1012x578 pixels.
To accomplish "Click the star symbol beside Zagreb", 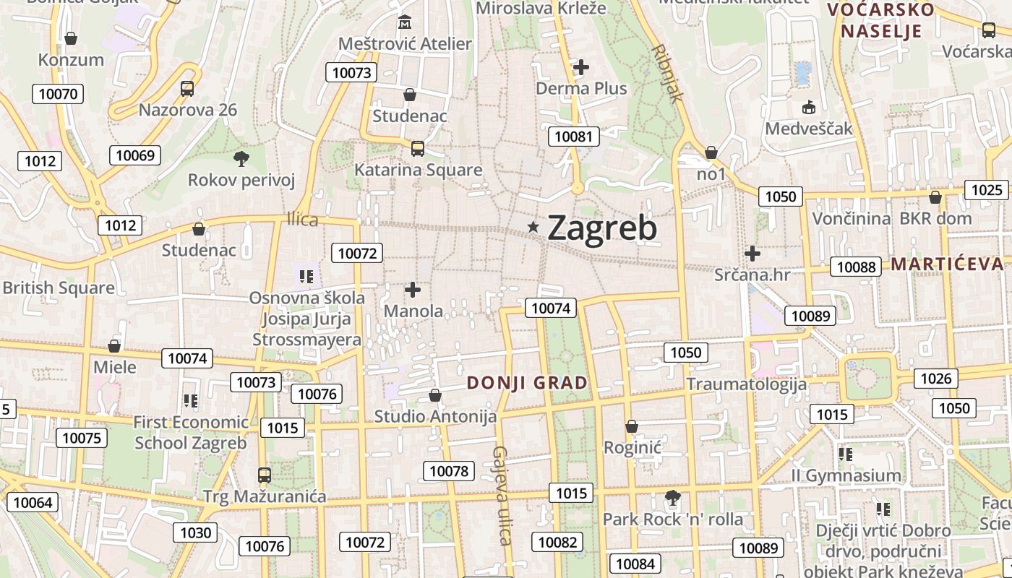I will pyautogui.click(x=533, y=227).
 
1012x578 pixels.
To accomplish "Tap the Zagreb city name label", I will pyautogui.click(x=602, y=228).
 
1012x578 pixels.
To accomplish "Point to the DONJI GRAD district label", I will pyautogui.click(x=528, y=383).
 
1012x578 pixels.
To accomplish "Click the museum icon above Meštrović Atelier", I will pyautogui.click(x=404, y=22).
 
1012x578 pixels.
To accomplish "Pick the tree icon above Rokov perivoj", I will pyautogui.click(x=241, y=158).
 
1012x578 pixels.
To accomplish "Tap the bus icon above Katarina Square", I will pyautogui.click(x=417, y=148).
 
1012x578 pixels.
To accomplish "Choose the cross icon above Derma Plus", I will pyautogui.click(x=581, y=67).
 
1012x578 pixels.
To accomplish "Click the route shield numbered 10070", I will pyautogui.click(x=58, y=93).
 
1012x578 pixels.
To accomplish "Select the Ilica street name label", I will pyautogui.click(x=302, y=220).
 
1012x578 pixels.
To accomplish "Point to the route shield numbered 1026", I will pyautogui.click(x=938, y=378).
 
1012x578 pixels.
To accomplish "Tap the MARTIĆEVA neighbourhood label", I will pyautogui.click(x=947, y=264).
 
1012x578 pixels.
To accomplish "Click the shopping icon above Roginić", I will pyautogui.click(x=632, y=426).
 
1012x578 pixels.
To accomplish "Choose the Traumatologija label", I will pyautogui.click(x=746, y=384).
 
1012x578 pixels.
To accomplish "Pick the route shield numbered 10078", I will pyautogui.click(x=449, y=471).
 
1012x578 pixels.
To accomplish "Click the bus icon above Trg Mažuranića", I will pyautogui.click(x=265, y=475).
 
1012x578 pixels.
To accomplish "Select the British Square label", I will pyautogui.click(x=59, y=288).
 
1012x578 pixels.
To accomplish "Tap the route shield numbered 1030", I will pyautogui.click(x=196, y=532).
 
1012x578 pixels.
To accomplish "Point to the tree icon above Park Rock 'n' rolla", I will pyautogui.click(x=672, y=497).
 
